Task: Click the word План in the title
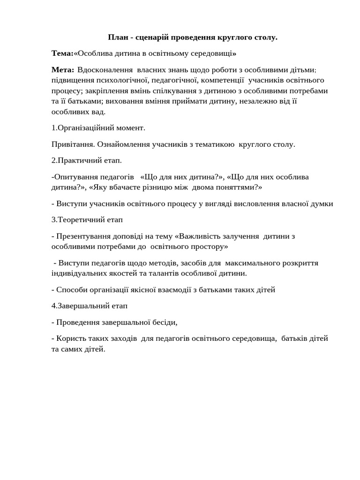[x=117, y=37]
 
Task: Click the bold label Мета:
[x=62, y=70]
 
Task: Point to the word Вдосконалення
[x=105, y=70]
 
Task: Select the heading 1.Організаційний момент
[x=98, y=127]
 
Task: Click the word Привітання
[x=72, y=144]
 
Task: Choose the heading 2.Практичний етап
[x=86, y=160]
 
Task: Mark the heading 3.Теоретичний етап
[x=87, y=219]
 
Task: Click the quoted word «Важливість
[x=197, y=236]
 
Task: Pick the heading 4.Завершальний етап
[x=89, y=306]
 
